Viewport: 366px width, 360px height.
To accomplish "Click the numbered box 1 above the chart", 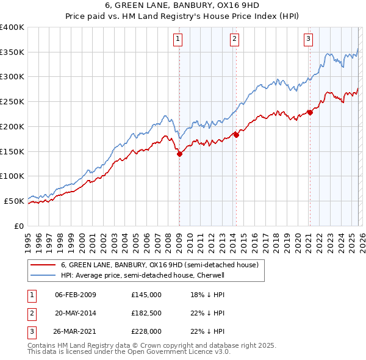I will click(x=178, y=39).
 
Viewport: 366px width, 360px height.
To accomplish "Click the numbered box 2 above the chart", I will click(x=235, y=39).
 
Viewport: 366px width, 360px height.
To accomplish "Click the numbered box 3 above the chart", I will click(x=309, y=39).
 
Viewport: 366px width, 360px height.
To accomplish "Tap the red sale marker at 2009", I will click(x=179, y=154).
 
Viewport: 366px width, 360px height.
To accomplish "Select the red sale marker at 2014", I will click(x=236, y=135).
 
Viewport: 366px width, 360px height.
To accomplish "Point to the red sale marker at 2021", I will click(x=310, y=112).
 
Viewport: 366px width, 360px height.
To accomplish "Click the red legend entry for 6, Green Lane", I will click(x=160, y=265).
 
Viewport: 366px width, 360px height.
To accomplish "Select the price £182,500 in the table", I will click(x=146, y=313).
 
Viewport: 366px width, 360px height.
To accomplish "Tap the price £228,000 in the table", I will click(x=146, y=331).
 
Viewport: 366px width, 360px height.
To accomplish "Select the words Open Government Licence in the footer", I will click(x=170, y=352).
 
